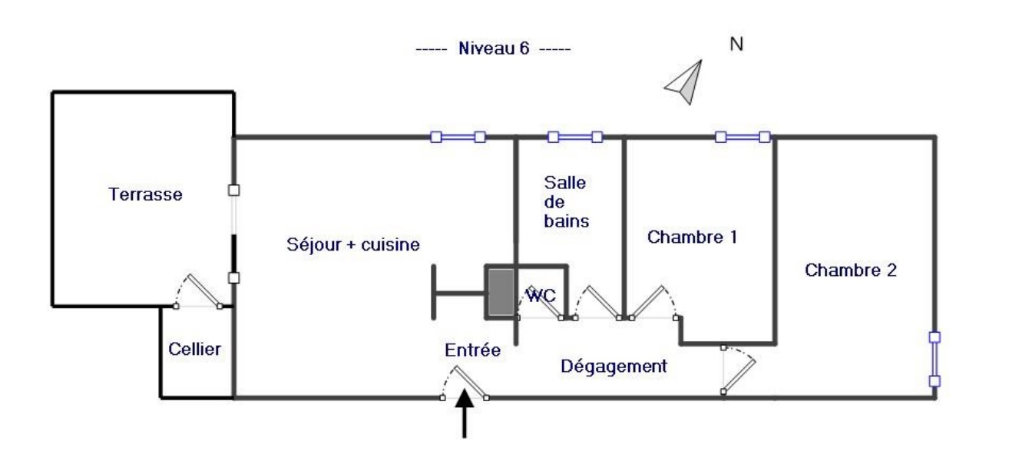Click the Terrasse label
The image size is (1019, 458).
tap(146, 194)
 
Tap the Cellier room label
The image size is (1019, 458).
tap(195, 350)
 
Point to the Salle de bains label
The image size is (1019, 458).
tap(566, 202)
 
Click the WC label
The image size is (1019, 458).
tap(541, 294)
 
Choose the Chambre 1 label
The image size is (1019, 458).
tap(692, 237)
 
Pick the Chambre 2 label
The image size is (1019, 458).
tap(851, 270)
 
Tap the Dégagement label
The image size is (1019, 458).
tap(614, 367)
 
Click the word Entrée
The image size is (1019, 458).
tap(473, 350)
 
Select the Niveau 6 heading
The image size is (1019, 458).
tap(494, 48)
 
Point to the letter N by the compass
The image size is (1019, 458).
tap(736, 45)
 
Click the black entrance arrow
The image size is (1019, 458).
tap(465, 415)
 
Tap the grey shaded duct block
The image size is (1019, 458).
tap(499, 292)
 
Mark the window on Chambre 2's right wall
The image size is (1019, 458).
tap(935, 359)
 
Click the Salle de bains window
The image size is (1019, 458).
tap(574, 138)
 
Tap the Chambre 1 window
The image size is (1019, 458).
tap(742, 138)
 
